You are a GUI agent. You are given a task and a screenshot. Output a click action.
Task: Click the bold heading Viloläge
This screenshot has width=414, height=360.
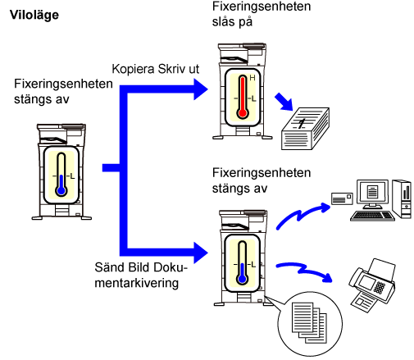pos(34,15)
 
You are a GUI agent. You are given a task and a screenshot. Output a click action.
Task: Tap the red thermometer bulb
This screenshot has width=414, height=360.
pos(243,113)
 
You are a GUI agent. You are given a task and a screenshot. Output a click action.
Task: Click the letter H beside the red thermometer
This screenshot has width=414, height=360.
pos(252,78)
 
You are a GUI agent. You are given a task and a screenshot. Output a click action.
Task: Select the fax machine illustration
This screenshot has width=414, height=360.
pos(372,285)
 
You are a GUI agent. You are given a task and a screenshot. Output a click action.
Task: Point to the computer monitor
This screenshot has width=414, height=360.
pos(372,194)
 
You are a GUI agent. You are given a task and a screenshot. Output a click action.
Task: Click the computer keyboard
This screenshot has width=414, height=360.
pos(372,216)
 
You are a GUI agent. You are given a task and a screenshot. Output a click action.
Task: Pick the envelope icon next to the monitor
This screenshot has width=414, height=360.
pos(342,198)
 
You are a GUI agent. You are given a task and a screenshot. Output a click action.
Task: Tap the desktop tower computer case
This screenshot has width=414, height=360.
pos(402,198)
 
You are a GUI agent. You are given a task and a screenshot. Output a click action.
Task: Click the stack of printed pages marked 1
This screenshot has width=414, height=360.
pos(305,129)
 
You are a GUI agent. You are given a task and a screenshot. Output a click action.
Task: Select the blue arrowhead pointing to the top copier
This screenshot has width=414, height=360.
pos(201,89)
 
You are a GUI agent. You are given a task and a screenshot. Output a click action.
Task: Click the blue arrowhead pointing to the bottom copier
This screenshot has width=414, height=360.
pos(201,253)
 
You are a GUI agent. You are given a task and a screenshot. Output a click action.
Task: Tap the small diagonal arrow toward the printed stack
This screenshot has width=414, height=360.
pos(284,102)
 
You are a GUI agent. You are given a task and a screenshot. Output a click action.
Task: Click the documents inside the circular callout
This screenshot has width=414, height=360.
pos(309,322)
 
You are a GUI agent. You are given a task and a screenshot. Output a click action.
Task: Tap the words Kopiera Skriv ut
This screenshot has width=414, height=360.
pos(156,69)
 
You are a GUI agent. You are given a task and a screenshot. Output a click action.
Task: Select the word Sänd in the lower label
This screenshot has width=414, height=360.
pos(110,267)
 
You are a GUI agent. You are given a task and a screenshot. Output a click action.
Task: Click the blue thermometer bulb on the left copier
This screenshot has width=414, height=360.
pos(61,190)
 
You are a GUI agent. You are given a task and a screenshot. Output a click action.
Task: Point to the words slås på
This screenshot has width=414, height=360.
pos(232,22)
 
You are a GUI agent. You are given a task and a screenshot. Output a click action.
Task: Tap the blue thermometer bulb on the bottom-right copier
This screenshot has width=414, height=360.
pos(242,279)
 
